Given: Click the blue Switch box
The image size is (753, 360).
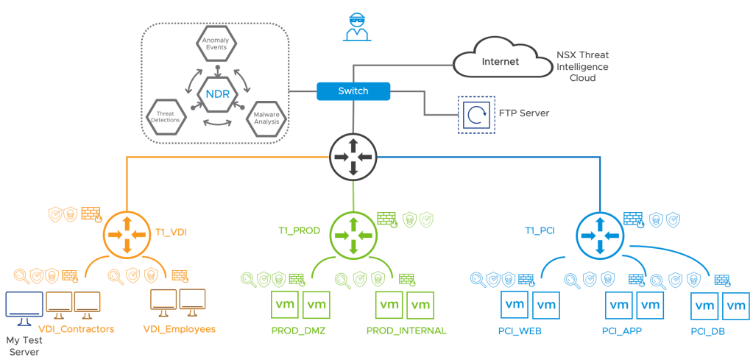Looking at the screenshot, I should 353,91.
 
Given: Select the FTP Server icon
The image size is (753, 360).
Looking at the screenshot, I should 476,114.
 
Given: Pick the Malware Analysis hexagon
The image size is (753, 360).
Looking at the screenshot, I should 267,117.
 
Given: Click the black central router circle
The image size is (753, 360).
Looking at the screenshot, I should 353,156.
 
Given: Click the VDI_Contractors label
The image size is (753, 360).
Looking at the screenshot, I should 77,329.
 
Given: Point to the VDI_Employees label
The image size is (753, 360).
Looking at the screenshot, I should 179,329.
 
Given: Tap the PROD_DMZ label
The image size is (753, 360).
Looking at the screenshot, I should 300,331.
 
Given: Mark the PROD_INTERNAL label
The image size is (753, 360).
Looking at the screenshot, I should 406,331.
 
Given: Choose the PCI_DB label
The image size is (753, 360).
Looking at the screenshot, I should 708,332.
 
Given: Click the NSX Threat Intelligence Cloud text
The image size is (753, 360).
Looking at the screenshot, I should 582,66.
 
